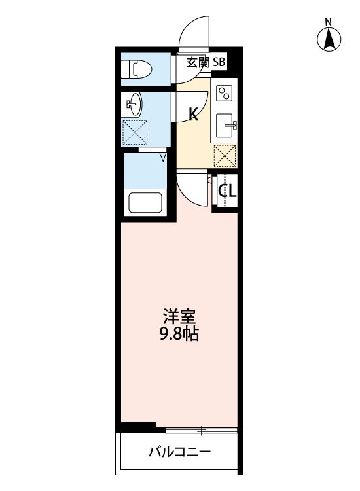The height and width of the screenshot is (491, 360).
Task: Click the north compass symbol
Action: click(330, 40)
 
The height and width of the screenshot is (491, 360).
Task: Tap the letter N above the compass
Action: click(329, 21)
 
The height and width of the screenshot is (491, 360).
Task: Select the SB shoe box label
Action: click(218, 63)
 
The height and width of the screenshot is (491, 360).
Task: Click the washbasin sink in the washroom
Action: click(134, 103)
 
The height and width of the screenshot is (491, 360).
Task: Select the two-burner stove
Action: click(225, 94)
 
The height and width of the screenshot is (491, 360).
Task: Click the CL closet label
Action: click(227, 191)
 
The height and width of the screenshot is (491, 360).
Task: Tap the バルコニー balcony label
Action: click(179, 452)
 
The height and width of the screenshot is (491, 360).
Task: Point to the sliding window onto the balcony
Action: click(200, 430)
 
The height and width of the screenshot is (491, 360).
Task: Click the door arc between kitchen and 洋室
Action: click(191, 187)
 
